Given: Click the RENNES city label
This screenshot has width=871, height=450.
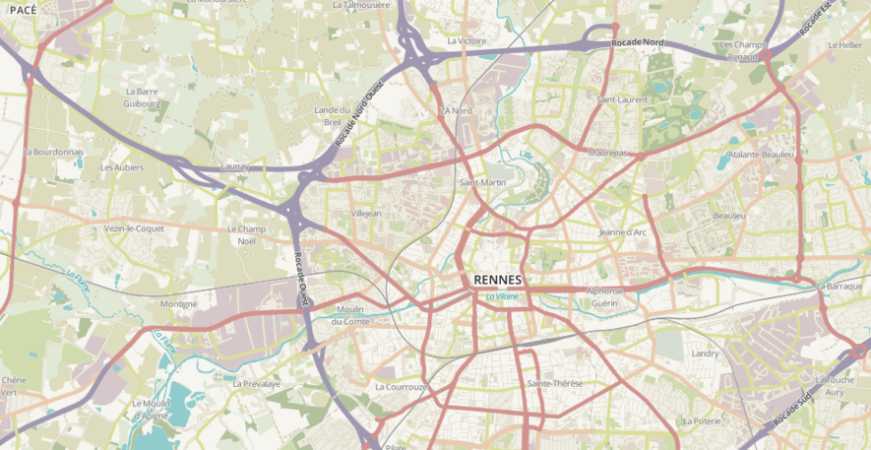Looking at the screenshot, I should [x=498, y=280].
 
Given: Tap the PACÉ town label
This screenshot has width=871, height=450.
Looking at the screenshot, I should [x=23, y=9].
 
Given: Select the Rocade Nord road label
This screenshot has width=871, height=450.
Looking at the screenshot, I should [x=638, y=43].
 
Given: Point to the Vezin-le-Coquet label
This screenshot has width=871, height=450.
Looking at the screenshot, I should [x=134, y=227].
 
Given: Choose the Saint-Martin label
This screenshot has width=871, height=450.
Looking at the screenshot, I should [x=482, y=182].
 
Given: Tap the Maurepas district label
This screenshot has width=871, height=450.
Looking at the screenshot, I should [x=607, y=154].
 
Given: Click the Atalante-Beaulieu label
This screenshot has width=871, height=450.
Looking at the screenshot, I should [x=761, y=155].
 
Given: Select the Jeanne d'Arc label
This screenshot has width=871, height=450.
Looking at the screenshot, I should [x=622, y=232].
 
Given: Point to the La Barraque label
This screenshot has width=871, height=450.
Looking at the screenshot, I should [x=840, y=286].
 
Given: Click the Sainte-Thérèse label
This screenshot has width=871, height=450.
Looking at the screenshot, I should [x=555, y=383].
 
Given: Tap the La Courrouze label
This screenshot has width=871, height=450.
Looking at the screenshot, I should [x=402, y=387].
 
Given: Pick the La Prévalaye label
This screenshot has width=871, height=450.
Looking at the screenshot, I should [x=256, y=383].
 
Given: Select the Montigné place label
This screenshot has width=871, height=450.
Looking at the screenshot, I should [x=179, y=304].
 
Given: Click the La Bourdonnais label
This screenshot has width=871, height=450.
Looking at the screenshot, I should [x=53, y=152].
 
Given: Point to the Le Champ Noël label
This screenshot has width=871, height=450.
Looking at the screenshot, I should [x=247, y=234].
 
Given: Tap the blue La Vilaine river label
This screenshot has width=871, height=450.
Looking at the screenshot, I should [x=502, y=295].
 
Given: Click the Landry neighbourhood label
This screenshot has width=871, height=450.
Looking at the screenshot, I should [x=706, y=353].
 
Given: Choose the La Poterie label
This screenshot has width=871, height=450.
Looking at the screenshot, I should [x=702, y=420].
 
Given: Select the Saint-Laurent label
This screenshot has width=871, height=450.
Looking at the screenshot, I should [x=622, y=99].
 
